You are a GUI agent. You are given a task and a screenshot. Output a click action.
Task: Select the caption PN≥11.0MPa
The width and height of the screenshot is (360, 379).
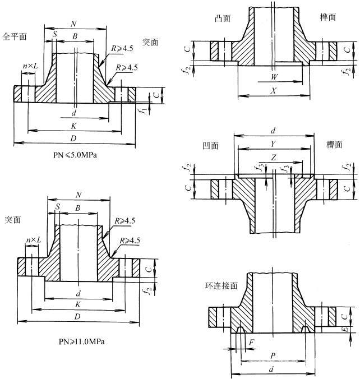coord(81,341)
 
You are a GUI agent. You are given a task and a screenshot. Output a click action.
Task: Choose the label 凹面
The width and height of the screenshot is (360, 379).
coord(210,145)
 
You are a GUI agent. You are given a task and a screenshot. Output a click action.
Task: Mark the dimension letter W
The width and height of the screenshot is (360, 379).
coord(273,76)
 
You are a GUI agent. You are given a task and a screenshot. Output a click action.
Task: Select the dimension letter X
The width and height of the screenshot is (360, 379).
coord(273,90)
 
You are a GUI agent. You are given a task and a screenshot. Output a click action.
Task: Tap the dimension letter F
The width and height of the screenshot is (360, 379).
coord(252,341)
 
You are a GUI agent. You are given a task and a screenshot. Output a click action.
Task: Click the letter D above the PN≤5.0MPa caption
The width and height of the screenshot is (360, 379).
coord(74,138)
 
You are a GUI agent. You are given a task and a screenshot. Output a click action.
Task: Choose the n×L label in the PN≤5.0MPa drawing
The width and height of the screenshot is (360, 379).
coord(30,67)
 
